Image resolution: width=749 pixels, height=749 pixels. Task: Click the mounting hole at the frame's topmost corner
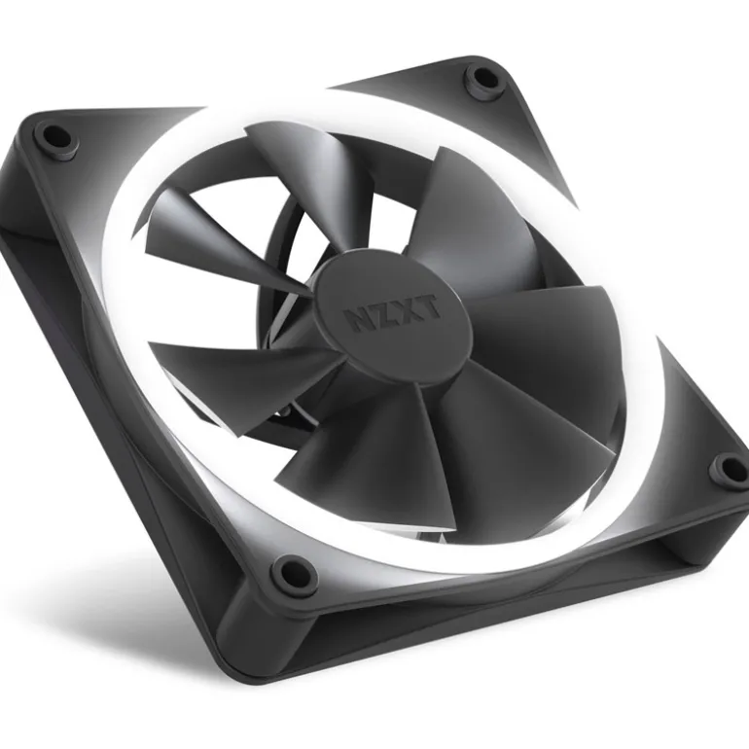[480, 77]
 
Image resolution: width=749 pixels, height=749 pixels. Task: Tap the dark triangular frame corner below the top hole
[486, 126]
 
